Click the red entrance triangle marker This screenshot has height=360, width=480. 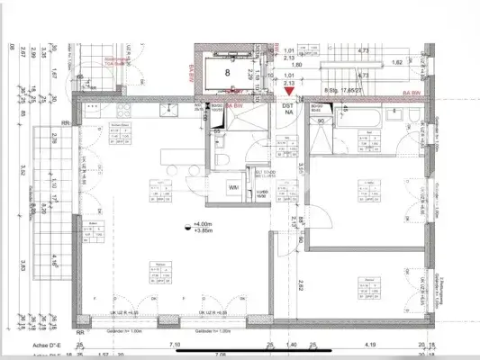click(x=288, y=90)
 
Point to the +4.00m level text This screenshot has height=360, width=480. click(x=203, y=224)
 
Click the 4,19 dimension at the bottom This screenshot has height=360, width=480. click(x=369, y=344)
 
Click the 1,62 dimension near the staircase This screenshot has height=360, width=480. click(x=397, y=64)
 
